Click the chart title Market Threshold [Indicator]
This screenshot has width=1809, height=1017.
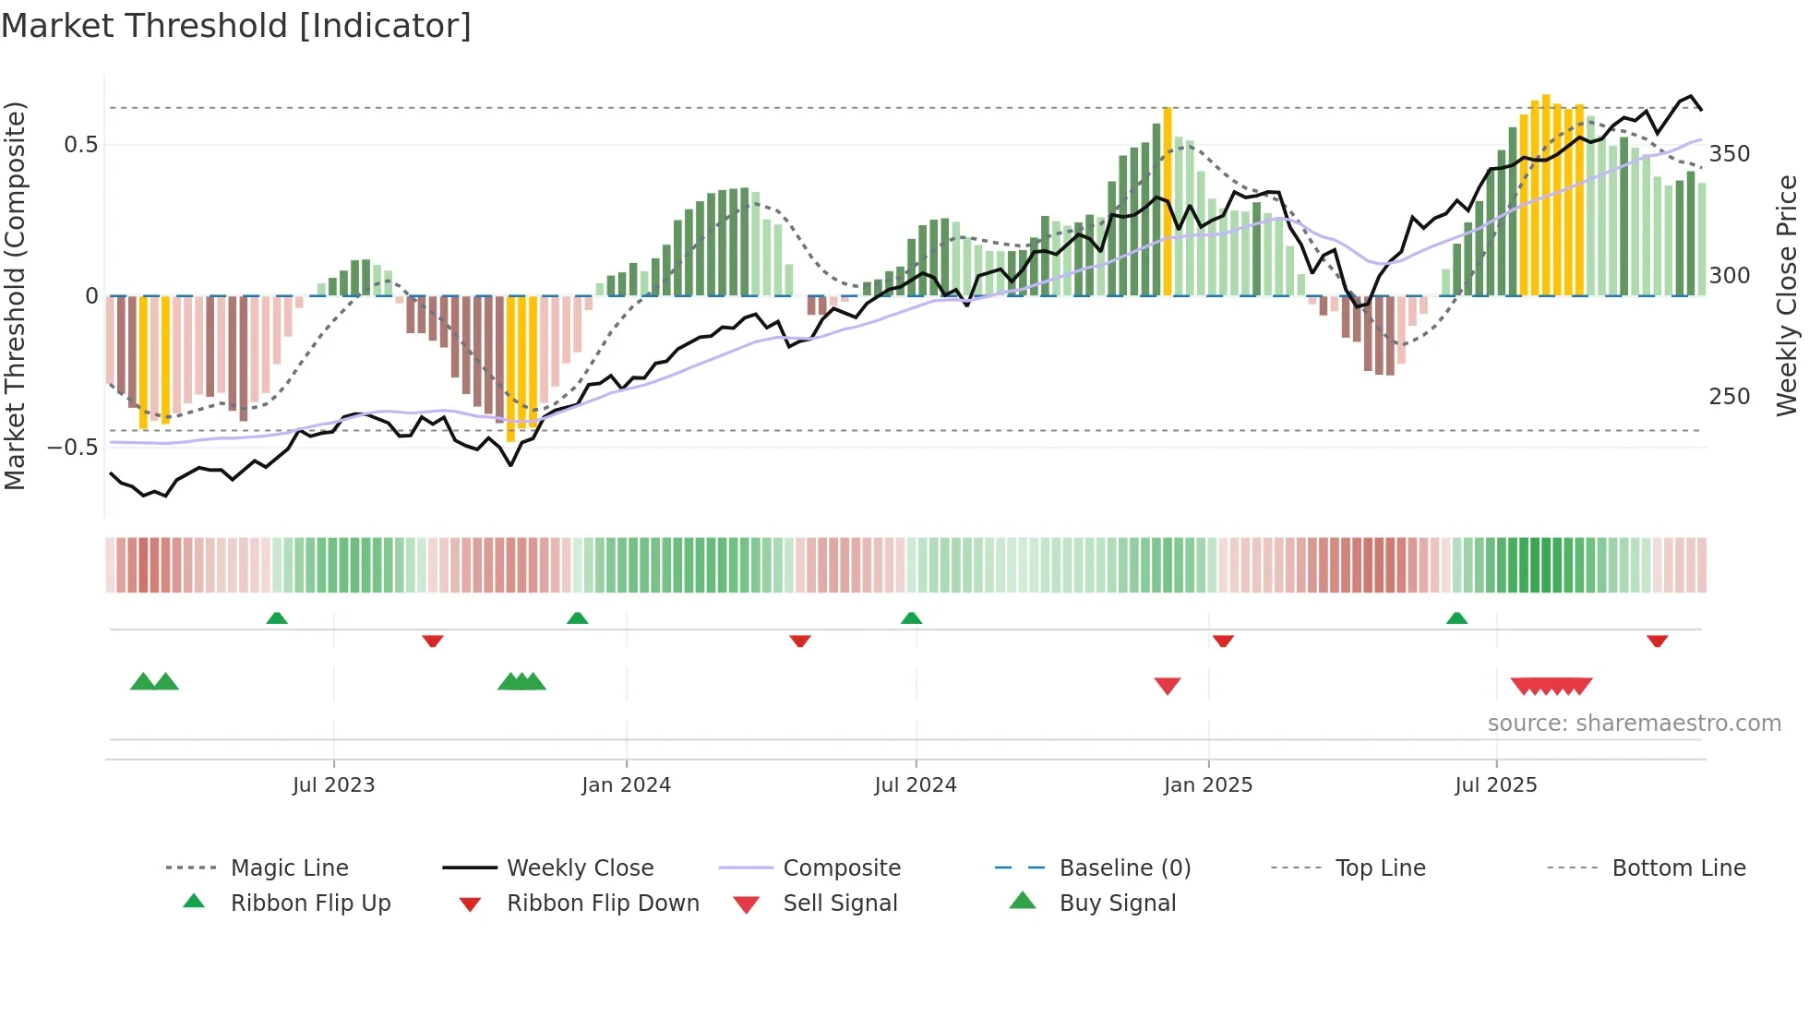pos(236,26)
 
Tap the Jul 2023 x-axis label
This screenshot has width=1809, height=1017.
pos(333,784)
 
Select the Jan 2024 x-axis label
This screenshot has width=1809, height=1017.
pos(626,784)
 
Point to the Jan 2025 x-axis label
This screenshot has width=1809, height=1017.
pos(1207,784)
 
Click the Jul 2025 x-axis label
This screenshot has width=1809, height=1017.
pos(1495,784)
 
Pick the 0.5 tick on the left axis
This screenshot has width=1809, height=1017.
pos(80,145)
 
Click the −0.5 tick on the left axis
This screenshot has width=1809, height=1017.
pos(73,448)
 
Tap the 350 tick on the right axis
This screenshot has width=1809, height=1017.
pos(1729,154)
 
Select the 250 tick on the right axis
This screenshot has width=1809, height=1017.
pos(1729,397)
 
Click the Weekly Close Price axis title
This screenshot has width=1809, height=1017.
pos(1787,295)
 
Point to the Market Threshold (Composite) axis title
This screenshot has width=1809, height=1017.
pos(16,295)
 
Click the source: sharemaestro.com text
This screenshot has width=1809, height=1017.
pos(1634,723)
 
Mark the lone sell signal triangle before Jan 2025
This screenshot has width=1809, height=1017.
pos(1168,686)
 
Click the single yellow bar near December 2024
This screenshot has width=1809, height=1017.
pos(1168,201)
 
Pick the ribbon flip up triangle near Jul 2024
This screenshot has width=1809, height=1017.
pos(911,617)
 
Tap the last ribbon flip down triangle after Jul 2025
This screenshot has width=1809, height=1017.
pos(1657,640)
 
